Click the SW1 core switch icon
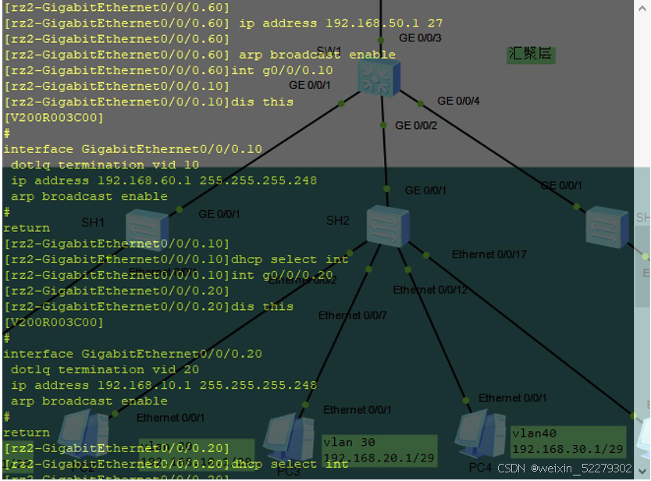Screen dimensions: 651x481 (x=379, y=77)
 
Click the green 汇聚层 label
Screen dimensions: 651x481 (x=531, y=54)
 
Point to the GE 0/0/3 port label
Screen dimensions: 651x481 (x=420, y=37)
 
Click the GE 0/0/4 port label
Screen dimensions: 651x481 (x=458, y=101)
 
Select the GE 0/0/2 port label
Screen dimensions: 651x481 (x=416, y=125)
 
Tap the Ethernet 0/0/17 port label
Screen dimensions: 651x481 (x=489, y=254)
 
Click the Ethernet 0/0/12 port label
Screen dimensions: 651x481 (x=430, y=290)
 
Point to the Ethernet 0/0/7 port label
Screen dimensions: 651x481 (x=352, y=315)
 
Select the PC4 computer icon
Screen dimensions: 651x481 (x=480, y=434)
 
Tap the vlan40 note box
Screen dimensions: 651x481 (x=567, y=441)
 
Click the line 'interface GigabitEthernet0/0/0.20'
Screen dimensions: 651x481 (x=133, y=354)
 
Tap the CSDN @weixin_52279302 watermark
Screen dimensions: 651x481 (x=564, y=469)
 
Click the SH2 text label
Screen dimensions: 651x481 (x=337, y=221)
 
